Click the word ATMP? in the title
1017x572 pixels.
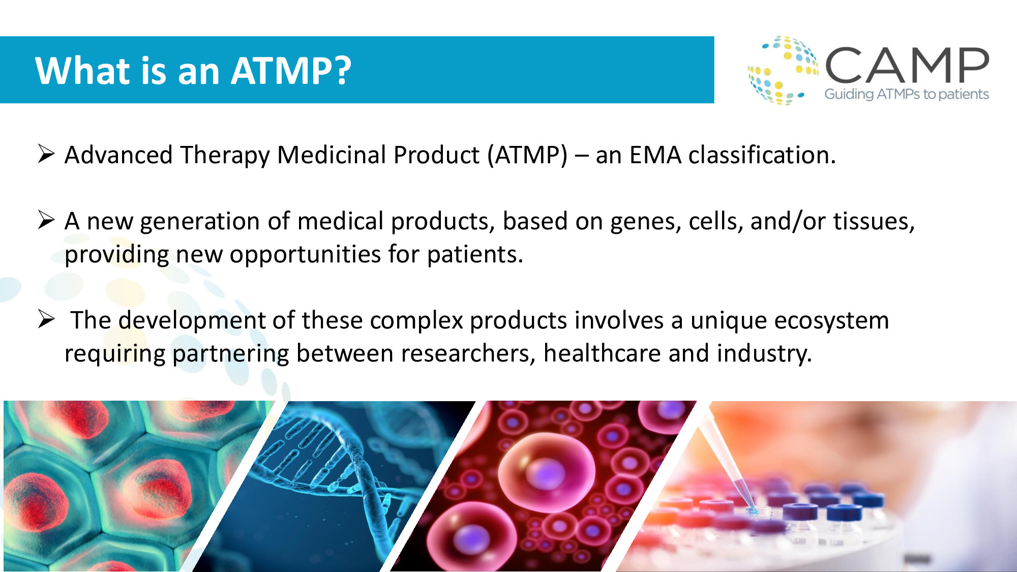[x=291, y=70]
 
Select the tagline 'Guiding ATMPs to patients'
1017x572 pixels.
[x=907, y=94]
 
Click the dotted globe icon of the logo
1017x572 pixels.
[x=783, y=70]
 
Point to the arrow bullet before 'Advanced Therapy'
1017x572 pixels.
[x=46, y=154]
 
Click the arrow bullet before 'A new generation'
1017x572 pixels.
[x=46, y=220]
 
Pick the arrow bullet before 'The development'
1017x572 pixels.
[x=46, y=319]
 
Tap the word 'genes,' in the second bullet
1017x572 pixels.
[x=646, y=222]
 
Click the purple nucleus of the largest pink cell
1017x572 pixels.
[x=545, y=474]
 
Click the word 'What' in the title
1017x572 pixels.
[x=83, y=70]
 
